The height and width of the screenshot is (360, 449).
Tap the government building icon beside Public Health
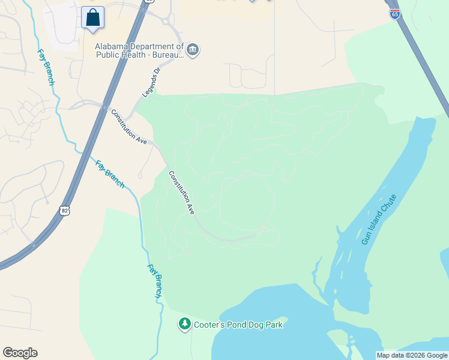point(193,49)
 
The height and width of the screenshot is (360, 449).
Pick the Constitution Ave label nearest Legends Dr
point(128,127)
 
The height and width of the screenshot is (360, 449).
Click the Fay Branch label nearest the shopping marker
point(46,67)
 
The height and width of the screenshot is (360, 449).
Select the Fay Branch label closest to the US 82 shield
point(110,174)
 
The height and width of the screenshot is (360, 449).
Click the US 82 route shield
point(65,210)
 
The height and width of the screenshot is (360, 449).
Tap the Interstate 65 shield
point(394,14)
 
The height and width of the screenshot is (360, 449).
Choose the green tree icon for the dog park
point(185,324)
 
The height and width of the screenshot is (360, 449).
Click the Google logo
point(20,353)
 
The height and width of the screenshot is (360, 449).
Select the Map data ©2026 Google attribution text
point(412,355)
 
